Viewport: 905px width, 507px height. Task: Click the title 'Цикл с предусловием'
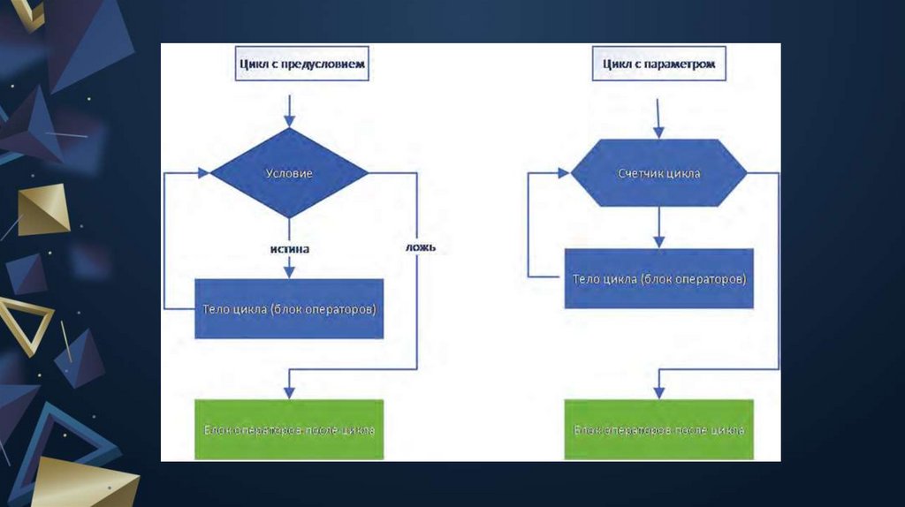[x=300, y=64]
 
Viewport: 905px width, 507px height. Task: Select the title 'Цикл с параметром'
[x=658, y=64]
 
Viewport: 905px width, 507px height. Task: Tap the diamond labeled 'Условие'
[x=289, y=173]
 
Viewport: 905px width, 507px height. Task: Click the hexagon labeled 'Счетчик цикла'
[x=658, y=173]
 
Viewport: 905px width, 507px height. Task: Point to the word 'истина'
[x=289, y=249]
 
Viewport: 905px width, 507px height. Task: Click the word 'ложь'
[x=421, y=248]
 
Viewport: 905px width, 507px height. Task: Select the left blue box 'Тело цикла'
[x=289, y=309]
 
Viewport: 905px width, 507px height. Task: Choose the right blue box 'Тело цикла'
[x=658, y=278]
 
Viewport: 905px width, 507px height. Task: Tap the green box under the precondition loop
[x=289, y=430]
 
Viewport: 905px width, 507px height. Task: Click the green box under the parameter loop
[x=658, y=430]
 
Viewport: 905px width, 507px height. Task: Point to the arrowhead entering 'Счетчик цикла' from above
[x=658, y=132]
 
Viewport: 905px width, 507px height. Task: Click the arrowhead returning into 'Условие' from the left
[x=203, y=173]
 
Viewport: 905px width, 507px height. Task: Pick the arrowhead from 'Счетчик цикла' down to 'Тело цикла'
[x=658, y=240]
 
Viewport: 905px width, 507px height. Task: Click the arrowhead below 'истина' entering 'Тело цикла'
[x=289, y=272]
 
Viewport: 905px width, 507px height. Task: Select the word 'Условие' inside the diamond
[x=289, y=174]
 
